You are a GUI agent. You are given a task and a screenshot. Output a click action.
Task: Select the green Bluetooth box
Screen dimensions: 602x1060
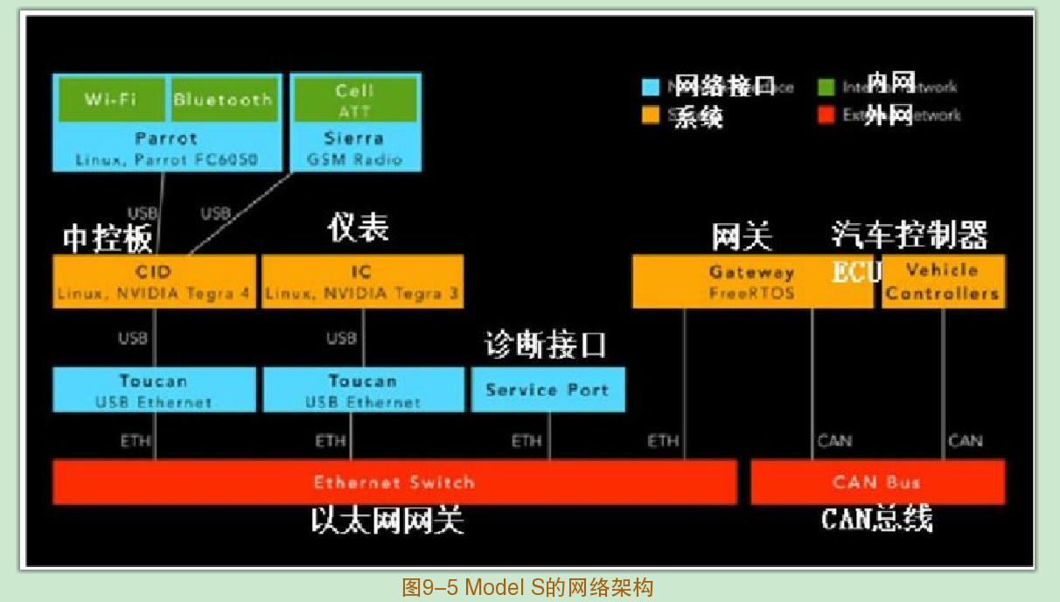222,100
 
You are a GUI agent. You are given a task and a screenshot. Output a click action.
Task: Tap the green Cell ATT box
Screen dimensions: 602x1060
354,100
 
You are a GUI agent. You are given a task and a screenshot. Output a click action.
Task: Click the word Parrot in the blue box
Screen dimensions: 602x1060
166,138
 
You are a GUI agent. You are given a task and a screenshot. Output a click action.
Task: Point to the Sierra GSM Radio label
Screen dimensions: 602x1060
354,149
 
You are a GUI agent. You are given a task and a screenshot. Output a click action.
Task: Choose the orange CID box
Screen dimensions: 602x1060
154,282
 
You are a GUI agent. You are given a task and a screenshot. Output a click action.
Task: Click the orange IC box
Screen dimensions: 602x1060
362,282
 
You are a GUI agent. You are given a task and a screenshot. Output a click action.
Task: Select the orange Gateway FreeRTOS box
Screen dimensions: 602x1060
751,282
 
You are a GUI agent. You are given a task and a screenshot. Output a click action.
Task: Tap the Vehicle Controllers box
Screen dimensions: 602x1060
943,282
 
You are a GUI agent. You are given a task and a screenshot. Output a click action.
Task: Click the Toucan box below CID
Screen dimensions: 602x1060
154,390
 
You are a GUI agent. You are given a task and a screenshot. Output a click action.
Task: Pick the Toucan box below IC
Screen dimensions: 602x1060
362,390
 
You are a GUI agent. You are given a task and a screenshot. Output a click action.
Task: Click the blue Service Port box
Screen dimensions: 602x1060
547,390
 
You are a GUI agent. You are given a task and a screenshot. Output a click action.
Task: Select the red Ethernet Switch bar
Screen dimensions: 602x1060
394,482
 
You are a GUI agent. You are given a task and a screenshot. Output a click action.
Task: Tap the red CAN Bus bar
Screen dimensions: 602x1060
877,482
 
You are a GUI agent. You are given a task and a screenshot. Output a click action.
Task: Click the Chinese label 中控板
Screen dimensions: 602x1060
108,238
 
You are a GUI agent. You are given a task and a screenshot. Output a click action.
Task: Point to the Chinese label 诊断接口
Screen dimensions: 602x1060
546,345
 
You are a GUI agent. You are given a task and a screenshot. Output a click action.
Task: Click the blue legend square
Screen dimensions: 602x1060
650,87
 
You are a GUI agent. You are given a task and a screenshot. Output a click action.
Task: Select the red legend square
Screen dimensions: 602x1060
826,115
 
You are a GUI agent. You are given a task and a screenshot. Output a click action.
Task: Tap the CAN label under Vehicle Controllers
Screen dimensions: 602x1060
965,440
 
